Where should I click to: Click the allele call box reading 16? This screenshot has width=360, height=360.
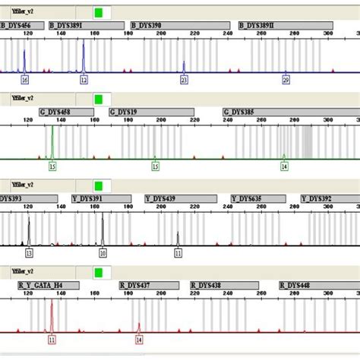24,79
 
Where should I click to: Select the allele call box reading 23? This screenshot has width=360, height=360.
184,79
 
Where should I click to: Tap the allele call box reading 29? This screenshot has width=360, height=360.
286,79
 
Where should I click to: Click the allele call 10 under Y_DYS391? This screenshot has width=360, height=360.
103,253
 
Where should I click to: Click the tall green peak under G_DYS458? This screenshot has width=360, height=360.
52,141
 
